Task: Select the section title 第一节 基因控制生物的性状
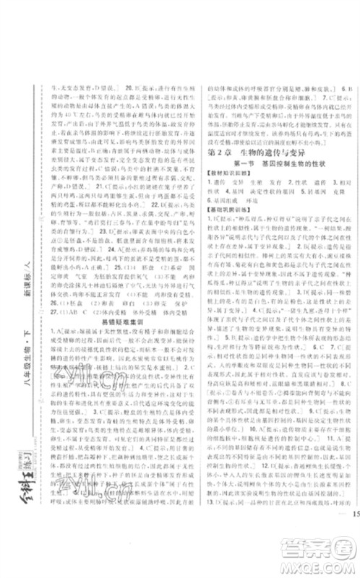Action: point(272,166)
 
